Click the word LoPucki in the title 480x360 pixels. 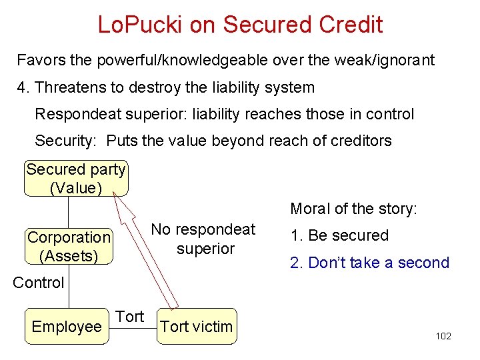[140, 25]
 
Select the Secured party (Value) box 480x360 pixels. [76, 179]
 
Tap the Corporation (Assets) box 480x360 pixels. [69, 247]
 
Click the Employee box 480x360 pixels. [67, 327]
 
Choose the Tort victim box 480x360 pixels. [197, 327]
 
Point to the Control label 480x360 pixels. [39, 283]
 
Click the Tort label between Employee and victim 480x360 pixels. [130, 317]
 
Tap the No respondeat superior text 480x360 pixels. [203, 239]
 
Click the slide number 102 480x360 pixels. [443, 336]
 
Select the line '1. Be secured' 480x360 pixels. [339, 235]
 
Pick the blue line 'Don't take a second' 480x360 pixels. [370, 263]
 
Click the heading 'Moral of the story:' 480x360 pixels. [353, 209]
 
